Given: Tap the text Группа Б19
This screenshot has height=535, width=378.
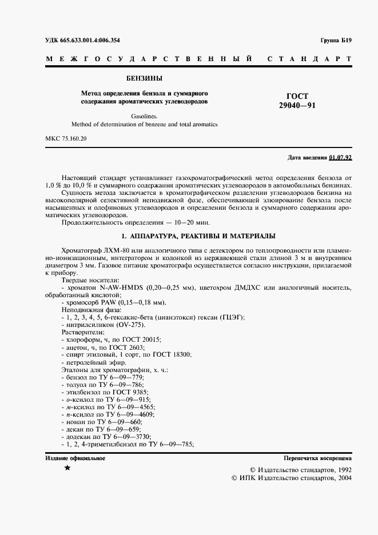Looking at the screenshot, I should coord(336,40).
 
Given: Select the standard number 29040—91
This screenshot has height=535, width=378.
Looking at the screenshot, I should coord(297,106).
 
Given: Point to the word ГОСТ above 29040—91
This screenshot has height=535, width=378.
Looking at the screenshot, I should coord(297,96).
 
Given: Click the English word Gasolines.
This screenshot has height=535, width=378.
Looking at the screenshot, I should coord(144,115).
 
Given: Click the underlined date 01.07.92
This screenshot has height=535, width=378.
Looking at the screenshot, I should coord(341,157).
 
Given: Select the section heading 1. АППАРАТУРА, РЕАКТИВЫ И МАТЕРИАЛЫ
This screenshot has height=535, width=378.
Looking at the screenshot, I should coord(198,236).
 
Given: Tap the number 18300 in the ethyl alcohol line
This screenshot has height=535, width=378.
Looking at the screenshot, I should coord(181,354).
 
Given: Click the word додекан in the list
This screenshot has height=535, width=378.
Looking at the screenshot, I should coord(78,436).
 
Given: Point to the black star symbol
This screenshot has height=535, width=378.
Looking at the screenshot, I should coord(68,468).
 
